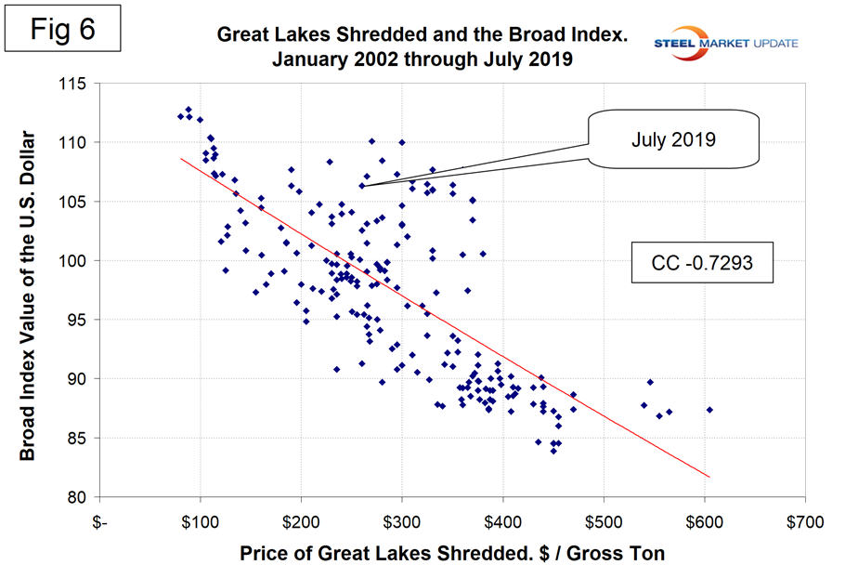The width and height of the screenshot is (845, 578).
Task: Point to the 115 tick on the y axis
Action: [x=74, y=84]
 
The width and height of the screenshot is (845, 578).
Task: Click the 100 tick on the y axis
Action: [x=74, y=261]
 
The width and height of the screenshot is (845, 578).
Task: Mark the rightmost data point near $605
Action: [x=709, y=409]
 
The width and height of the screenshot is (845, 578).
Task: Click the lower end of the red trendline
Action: [x=709, y=477]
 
